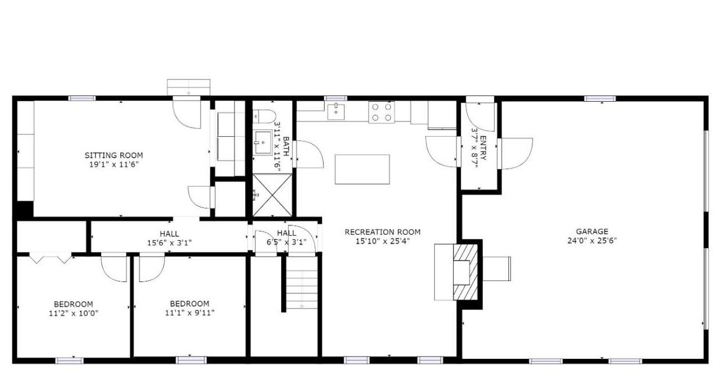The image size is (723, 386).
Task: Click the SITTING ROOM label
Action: [114, 155]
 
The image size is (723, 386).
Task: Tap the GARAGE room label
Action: [592, 231]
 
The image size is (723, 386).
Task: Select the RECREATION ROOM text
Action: [382, 232]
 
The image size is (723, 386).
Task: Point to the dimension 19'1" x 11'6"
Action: [114, 164]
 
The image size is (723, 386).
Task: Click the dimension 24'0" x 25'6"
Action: [592, 241]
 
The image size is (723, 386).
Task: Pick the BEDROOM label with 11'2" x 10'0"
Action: [73, 304]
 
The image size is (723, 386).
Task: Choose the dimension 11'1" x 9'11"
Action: [190, 313]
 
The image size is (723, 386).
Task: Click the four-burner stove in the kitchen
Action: [381, 112]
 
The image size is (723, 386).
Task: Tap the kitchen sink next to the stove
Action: [336, 112]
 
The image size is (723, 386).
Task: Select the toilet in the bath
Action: [264, 116]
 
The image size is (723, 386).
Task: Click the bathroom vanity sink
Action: [263, 142]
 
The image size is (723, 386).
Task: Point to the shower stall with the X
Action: [272, 195]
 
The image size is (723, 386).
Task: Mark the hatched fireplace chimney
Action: [465, 272]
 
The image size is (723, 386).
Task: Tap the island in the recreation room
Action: [362, 169]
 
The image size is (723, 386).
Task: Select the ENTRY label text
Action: [483, 148]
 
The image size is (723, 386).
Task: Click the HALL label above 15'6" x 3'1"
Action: [169, 233]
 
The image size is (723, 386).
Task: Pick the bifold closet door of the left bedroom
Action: [51, 259]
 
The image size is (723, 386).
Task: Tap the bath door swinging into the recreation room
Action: [308, 154]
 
